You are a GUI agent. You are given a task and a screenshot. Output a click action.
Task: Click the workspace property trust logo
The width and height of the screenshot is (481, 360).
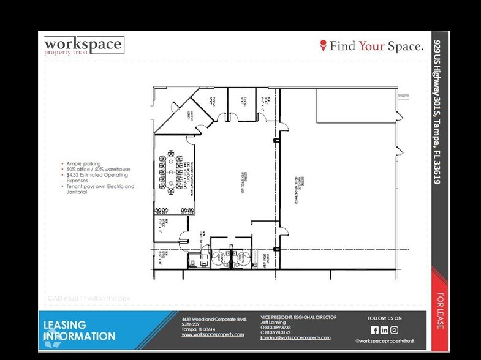point(83,47)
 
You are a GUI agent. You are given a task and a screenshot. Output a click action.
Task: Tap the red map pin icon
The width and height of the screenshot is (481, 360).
point(324,46)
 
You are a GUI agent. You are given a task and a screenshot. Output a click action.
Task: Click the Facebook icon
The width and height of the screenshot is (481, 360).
point(374,330)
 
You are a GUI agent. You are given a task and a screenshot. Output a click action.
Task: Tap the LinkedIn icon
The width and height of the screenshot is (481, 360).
point(384,330)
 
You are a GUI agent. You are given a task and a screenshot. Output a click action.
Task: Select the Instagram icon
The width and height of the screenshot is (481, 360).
point(394,330)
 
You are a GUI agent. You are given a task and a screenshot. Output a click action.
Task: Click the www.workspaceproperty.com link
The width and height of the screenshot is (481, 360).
point(212,335)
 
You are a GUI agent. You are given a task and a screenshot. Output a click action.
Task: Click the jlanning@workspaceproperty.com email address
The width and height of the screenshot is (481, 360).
point(295,337)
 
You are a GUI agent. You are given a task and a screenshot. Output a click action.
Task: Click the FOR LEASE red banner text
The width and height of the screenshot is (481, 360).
point(440,311)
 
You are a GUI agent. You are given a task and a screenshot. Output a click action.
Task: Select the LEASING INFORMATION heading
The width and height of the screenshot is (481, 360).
point(78,331)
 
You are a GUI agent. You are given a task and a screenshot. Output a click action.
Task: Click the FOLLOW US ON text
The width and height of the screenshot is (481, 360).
point(384,318)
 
